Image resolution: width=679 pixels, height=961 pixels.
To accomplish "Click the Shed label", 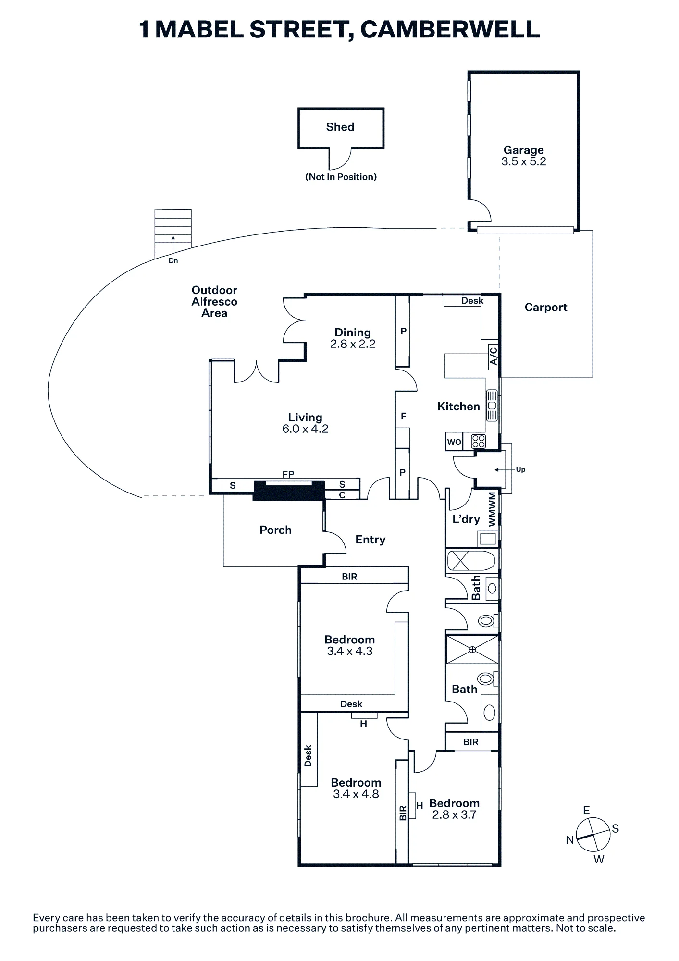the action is point(340,127).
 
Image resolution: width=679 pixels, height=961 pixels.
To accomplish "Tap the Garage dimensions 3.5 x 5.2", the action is point(524,161).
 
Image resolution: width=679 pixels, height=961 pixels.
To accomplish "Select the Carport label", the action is point(546,308).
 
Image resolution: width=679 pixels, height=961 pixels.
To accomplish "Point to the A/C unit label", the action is point(494,356).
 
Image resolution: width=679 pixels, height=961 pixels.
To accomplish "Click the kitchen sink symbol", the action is point(492,405).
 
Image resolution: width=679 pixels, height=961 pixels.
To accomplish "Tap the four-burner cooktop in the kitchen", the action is point(479,441).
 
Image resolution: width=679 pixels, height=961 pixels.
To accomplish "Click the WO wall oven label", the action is point(454,442).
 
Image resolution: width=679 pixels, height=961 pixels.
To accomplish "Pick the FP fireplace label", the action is point(288,474).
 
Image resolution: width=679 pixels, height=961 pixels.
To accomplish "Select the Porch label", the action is point(275,530).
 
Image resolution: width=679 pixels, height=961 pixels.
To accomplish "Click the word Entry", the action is point(370,540).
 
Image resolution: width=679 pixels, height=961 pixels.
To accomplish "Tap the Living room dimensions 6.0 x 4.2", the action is point(305,429).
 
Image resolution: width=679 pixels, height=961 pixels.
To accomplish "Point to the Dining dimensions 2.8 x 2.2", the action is point(353,344).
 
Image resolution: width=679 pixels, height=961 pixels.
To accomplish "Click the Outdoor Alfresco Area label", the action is point(214,302).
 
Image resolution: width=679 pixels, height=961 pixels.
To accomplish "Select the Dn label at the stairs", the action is point(173,260).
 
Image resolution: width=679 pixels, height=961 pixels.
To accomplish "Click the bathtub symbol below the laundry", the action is point(471,561).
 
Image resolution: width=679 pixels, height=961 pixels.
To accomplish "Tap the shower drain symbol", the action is point(472,650).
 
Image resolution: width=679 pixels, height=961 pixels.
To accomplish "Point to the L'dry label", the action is point(466,519).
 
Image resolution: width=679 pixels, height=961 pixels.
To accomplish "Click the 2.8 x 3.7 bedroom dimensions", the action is point(454,815).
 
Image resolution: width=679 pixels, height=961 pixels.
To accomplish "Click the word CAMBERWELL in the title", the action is point(450,30).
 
